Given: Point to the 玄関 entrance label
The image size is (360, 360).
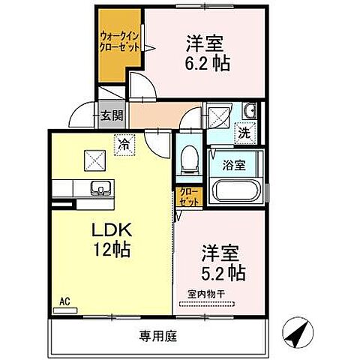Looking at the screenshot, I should point(112,115).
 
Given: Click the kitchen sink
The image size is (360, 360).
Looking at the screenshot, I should point(97,187).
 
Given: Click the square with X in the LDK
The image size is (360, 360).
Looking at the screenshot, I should point(94,160).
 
